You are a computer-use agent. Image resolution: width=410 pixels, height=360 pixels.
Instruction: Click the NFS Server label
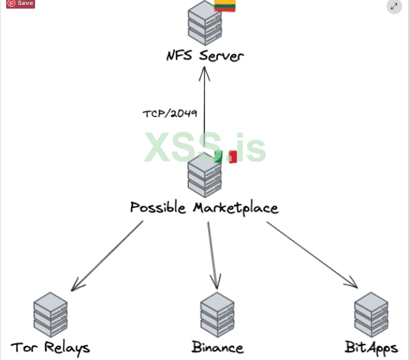tap(204, 56)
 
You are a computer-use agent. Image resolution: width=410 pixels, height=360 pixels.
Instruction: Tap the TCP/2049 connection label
tap(169, 113)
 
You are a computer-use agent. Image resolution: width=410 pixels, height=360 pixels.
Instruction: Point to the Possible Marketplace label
tap(204, 207)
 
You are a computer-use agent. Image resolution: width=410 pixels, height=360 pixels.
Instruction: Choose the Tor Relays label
tap(50, 348)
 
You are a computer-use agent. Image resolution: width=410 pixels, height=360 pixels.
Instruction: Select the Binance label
tap(217, 348)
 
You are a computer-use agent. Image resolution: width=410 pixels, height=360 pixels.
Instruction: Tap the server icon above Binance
tap(217, 314)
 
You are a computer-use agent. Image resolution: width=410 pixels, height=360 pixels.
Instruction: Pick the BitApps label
tap(371, 348)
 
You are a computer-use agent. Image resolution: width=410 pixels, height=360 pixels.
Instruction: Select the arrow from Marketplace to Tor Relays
tap(107, 255)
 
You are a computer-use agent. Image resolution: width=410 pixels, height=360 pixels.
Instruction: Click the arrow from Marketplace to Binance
tap(212, 254)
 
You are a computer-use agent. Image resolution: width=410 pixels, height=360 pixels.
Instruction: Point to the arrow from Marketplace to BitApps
tap(312, 254)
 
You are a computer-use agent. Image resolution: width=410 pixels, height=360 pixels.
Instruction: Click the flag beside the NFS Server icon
tap(226, 6)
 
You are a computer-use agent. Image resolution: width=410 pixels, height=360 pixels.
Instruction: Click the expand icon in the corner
tap(394, 6)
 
